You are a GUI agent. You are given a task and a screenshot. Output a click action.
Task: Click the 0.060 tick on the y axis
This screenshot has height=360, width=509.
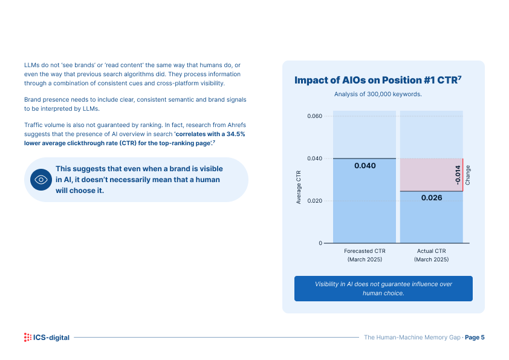(314, 116)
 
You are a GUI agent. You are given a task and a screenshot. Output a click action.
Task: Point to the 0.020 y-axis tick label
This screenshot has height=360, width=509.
(314, 201)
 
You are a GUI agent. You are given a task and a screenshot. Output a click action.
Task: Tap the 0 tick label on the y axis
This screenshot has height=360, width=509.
(320, 243)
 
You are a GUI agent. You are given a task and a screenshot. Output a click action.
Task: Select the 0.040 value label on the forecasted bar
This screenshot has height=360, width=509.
(365, 166)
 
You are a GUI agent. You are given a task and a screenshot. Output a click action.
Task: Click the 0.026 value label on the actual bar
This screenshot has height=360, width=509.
(432, 197)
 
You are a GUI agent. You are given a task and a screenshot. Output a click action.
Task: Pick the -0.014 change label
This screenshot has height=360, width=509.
(458, 175)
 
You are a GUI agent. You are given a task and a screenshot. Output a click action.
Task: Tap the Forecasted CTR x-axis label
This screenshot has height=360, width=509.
(365, 255)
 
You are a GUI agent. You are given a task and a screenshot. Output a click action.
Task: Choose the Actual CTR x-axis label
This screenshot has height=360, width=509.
(432, 255)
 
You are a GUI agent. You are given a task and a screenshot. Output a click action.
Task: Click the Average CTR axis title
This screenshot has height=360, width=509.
(299, 187)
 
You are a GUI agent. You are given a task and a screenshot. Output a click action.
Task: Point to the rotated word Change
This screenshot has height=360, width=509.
(468, 175)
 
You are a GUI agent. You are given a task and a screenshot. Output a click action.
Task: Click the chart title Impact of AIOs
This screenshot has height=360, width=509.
(378, 80)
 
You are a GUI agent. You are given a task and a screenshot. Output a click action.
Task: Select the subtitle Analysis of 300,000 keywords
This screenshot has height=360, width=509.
(378, 94)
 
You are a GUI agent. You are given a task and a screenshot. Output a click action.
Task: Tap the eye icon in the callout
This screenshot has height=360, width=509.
(41, 180)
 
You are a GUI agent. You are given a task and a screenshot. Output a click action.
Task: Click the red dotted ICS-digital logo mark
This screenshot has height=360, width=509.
(28, 337)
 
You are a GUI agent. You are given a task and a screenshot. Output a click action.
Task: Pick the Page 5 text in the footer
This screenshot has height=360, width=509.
(475, 337)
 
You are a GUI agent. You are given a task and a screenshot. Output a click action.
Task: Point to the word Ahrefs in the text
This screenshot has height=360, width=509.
(236, 125)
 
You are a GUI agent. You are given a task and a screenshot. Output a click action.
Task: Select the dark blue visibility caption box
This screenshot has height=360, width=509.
(383, 289)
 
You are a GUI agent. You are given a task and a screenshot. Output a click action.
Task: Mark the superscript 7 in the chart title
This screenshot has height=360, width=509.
(459, 77)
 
